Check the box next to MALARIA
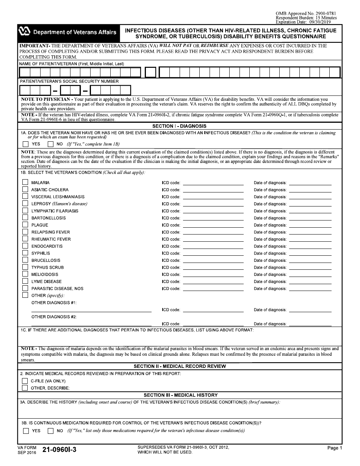click(x=25, y=182)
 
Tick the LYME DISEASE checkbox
click(x=25, y=281)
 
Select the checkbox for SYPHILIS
click(x=25, y=253)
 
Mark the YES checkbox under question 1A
click(x=25, y=144)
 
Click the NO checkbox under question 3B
click(x=50, y=430)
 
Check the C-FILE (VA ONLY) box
click(x=25, y=381)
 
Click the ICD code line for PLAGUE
click(x=213, y=225)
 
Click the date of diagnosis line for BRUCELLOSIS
click(x=310, y=260)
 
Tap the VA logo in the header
click(x=25, y=32)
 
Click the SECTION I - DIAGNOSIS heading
click(x=180, y=126)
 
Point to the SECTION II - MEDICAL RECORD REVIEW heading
click(x=180, y=366)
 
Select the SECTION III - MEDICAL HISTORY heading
click(x=180, y=395)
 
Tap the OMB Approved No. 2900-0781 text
click(x=306, y=14)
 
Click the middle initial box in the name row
click(x=150, y=72)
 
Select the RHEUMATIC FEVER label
click(x=51, y=239)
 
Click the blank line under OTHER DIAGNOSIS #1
click(x=91, y=310)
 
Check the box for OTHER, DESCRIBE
click(x=25, y=388)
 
